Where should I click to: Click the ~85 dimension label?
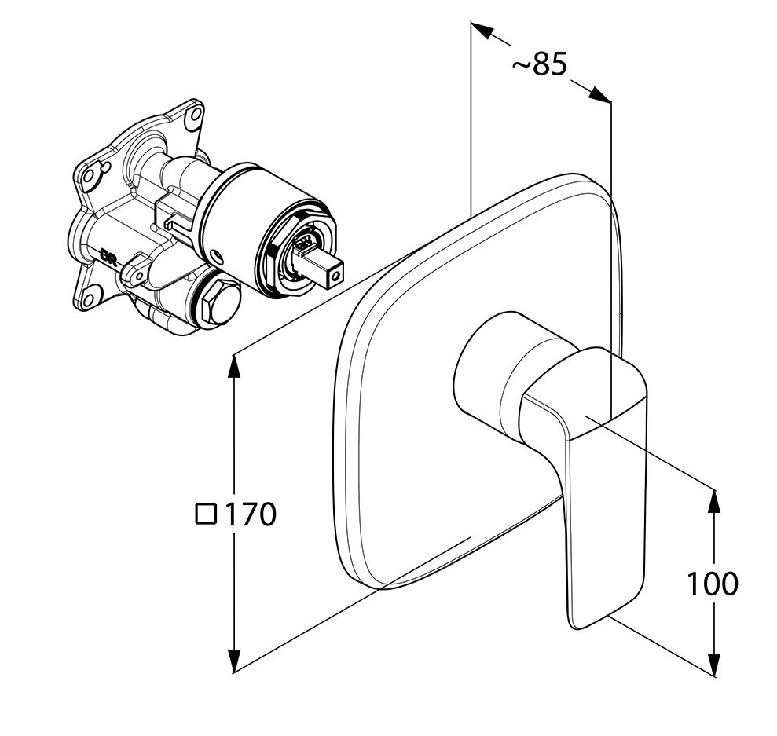coord(539,64)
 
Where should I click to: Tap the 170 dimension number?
coord(251,514)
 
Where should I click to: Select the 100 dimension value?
coord(712,584)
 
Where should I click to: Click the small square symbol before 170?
coord(206,514)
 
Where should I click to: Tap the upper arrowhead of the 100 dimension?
coord(714,501)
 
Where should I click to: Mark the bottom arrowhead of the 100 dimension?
coord(714,665)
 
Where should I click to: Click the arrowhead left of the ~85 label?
coord(482,30)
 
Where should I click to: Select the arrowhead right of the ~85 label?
coord(599,94)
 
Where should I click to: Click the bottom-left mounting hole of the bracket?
coord(90,298)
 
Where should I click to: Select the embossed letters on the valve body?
coord(108,258)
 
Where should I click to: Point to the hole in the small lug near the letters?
coord(138,274)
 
